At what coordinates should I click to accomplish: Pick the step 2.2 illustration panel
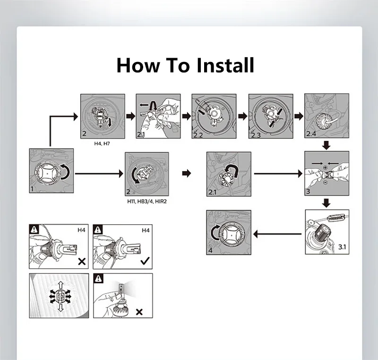(x=213, y=116)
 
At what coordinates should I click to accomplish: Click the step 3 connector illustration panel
(x=326, y=174)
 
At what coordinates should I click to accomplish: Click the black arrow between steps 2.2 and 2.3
(x=242, y=116)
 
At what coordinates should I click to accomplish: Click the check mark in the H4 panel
(x=145, y=260)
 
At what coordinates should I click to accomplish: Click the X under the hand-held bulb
(x=139, y=312)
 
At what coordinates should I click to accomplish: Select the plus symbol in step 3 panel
(x=326, y=168)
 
